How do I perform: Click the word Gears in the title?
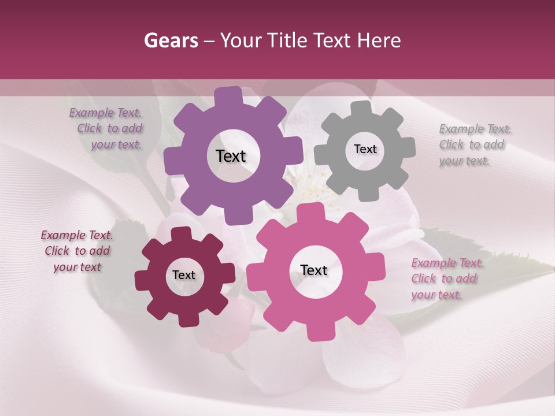point(171,40)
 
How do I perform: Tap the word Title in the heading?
point(290,40)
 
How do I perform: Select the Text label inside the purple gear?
point(231,156)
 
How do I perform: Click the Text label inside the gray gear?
point(365,149)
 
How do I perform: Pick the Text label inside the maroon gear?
point(184,275)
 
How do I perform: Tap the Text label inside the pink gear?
point(314,270)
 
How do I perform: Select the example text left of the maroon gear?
point(77,251)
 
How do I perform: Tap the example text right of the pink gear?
point(445,278)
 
